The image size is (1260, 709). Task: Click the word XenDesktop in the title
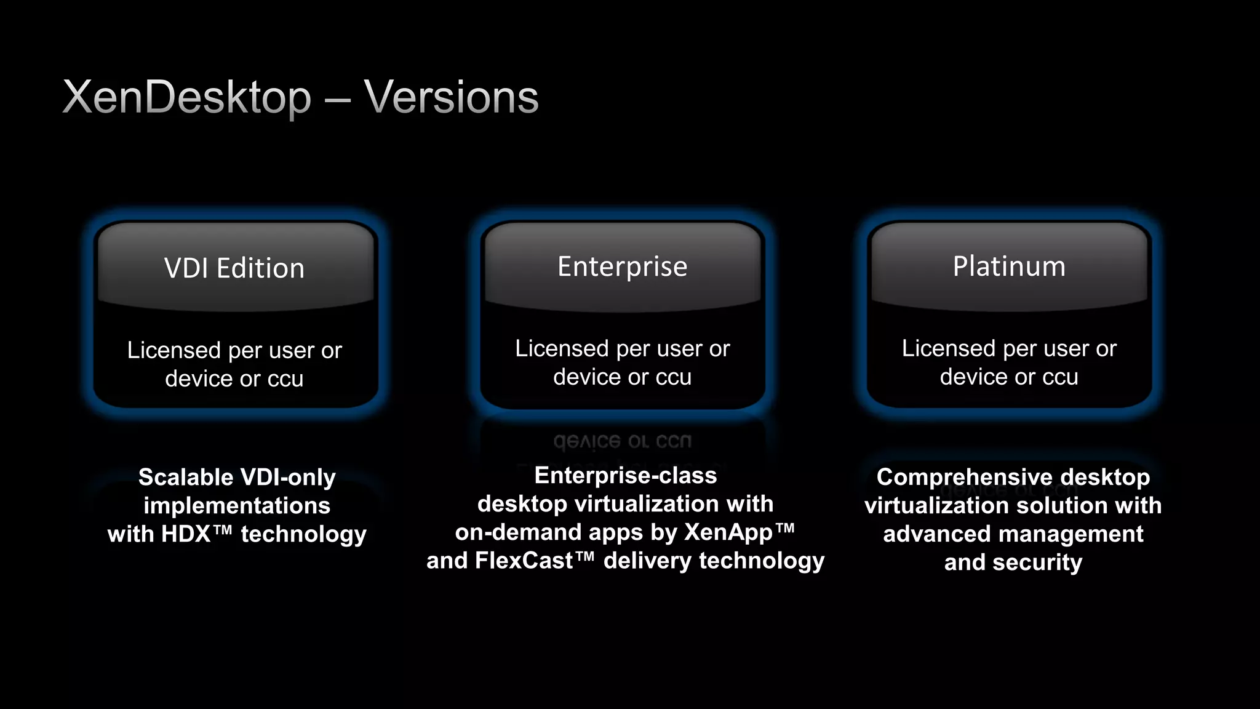click(187, 97)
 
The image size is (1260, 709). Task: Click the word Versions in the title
click(451, 97)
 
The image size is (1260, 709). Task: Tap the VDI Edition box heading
click(234, 268)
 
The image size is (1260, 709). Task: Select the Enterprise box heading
click(622, 266)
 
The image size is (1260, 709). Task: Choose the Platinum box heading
click(1009, 266)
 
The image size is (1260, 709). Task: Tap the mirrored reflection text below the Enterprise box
click(622, 441)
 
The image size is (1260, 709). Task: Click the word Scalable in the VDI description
click(185, 478)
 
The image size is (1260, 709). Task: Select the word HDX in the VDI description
click(186, 534)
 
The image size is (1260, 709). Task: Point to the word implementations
click(237, 506)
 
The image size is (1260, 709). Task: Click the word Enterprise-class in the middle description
click(626, 475)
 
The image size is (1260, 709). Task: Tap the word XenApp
click(728, 532)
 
